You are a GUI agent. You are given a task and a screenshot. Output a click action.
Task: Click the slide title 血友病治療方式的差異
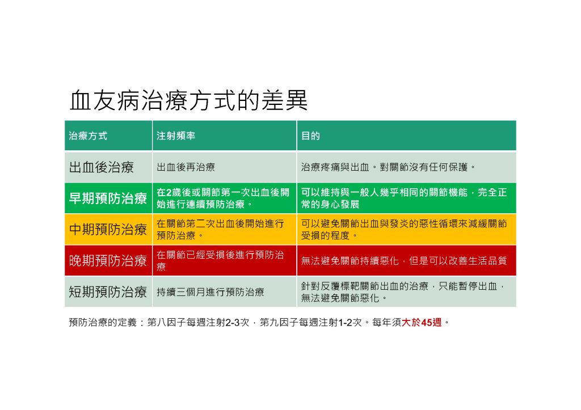(x=188, y=100)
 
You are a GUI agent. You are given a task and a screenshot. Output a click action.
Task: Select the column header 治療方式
(x=88, y=136)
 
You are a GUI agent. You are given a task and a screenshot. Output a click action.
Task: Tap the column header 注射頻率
(x=176, y=136)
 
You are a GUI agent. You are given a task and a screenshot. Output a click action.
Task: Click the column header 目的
(x=310, y=136)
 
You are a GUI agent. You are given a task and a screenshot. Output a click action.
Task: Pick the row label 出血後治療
(x=101, y=167)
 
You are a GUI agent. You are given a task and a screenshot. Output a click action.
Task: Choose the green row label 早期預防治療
(x=108, y=198)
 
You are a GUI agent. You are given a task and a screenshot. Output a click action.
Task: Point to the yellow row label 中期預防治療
(x=108, y=229)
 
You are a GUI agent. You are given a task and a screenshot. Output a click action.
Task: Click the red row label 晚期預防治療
(x=108, y=261)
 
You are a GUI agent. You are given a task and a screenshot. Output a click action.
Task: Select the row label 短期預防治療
(x=108, y=292)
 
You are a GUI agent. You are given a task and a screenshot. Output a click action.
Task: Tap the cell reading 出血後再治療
(x=186, y=167)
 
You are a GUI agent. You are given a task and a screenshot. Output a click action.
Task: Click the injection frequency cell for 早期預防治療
(x=223, y=198)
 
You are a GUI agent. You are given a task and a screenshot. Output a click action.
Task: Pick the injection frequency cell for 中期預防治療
(x=221, y=229)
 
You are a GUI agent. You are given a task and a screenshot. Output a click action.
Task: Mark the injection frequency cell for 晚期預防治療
(x=221, y=261)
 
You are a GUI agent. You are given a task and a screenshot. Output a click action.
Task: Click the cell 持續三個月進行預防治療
(x=210, y=292)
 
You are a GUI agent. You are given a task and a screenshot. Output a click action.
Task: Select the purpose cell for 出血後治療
(x=388, y=167)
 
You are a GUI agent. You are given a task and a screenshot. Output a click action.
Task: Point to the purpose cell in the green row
(x=404, y=198)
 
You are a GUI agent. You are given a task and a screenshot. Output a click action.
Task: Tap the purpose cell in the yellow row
(x=404, y=229)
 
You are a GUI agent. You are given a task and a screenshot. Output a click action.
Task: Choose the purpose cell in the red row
(x=404, y=261)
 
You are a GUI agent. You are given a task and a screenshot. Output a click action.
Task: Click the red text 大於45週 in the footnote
(x=422, y=322)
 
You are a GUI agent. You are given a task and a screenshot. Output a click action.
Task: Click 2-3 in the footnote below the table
(x=232, y=322)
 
